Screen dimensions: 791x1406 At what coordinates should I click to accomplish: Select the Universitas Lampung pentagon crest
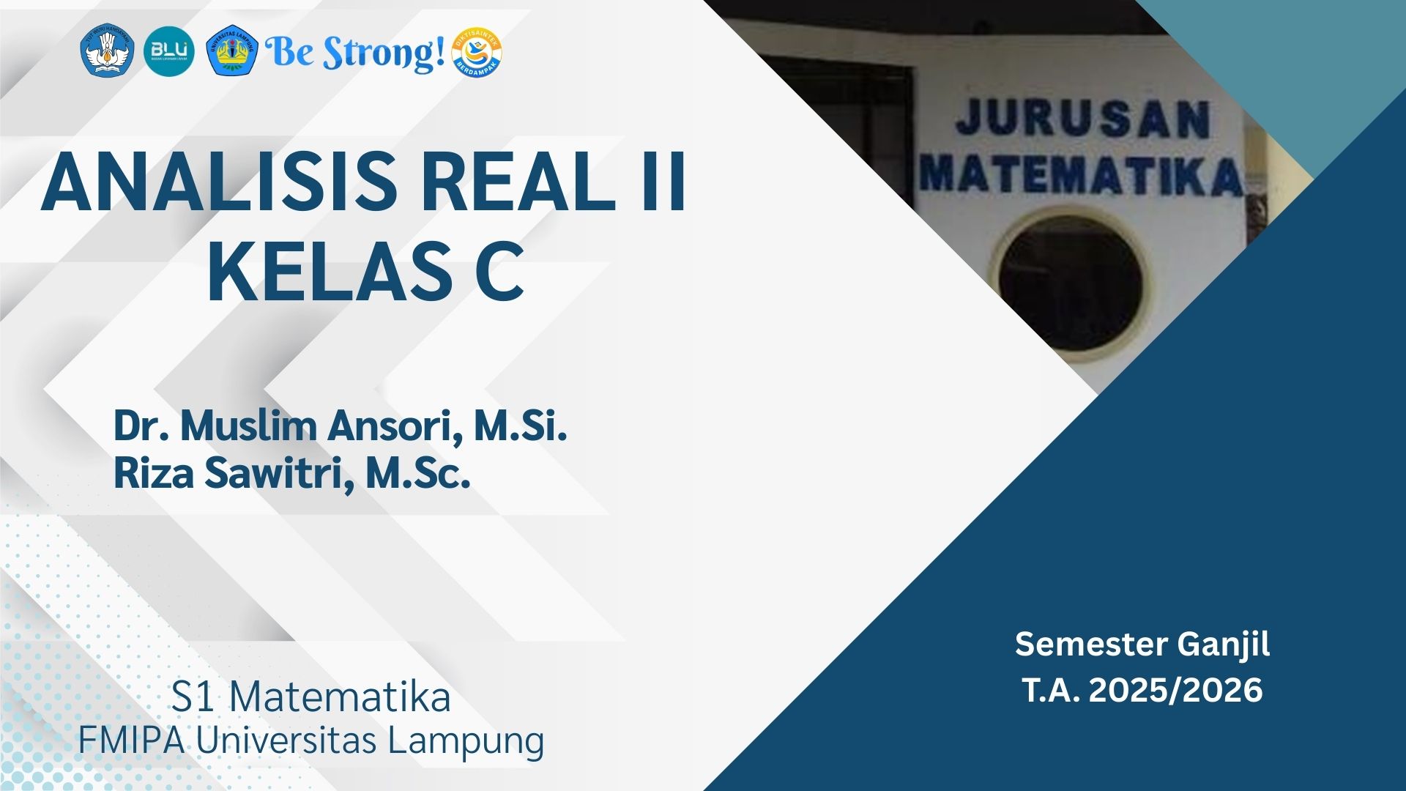231,51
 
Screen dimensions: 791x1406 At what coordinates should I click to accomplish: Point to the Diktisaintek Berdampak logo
477,52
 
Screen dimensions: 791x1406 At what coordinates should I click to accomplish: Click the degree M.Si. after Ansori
521,426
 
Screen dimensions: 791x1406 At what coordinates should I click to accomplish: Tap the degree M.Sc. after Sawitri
417,473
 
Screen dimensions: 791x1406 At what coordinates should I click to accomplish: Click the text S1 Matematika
310,697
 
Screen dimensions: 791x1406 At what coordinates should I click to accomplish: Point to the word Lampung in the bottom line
466,741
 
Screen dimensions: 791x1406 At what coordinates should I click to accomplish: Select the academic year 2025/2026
1176,690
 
